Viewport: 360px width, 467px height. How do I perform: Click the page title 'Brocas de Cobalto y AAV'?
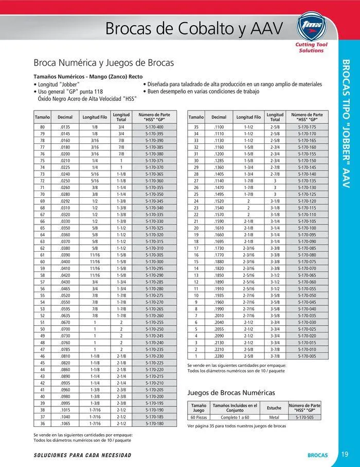(194, 29)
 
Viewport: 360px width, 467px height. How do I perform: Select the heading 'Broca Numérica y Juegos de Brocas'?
(103, 63)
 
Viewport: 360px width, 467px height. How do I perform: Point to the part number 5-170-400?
(154, 126)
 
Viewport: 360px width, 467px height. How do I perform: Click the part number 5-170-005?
(307, 356)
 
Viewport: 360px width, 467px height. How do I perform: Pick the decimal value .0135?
(65, 126)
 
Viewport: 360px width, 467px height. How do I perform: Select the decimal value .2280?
(219, 356)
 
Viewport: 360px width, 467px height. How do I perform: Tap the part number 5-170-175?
(307, 126)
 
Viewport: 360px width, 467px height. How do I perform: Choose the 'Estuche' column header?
(274, 408)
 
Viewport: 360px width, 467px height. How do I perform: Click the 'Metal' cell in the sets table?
(274, 418)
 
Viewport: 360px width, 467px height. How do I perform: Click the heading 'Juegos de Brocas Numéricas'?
(231, 393)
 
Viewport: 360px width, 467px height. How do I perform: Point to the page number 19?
(345, 454)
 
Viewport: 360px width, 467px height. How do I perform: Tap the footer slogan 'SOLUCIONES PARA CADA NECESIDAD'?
(82, 455)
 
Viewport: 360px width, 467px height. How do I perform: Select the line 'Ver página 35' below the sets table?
(237, 426)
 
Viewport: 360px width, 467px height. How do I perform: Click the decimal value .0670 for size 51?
(65, 323)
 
